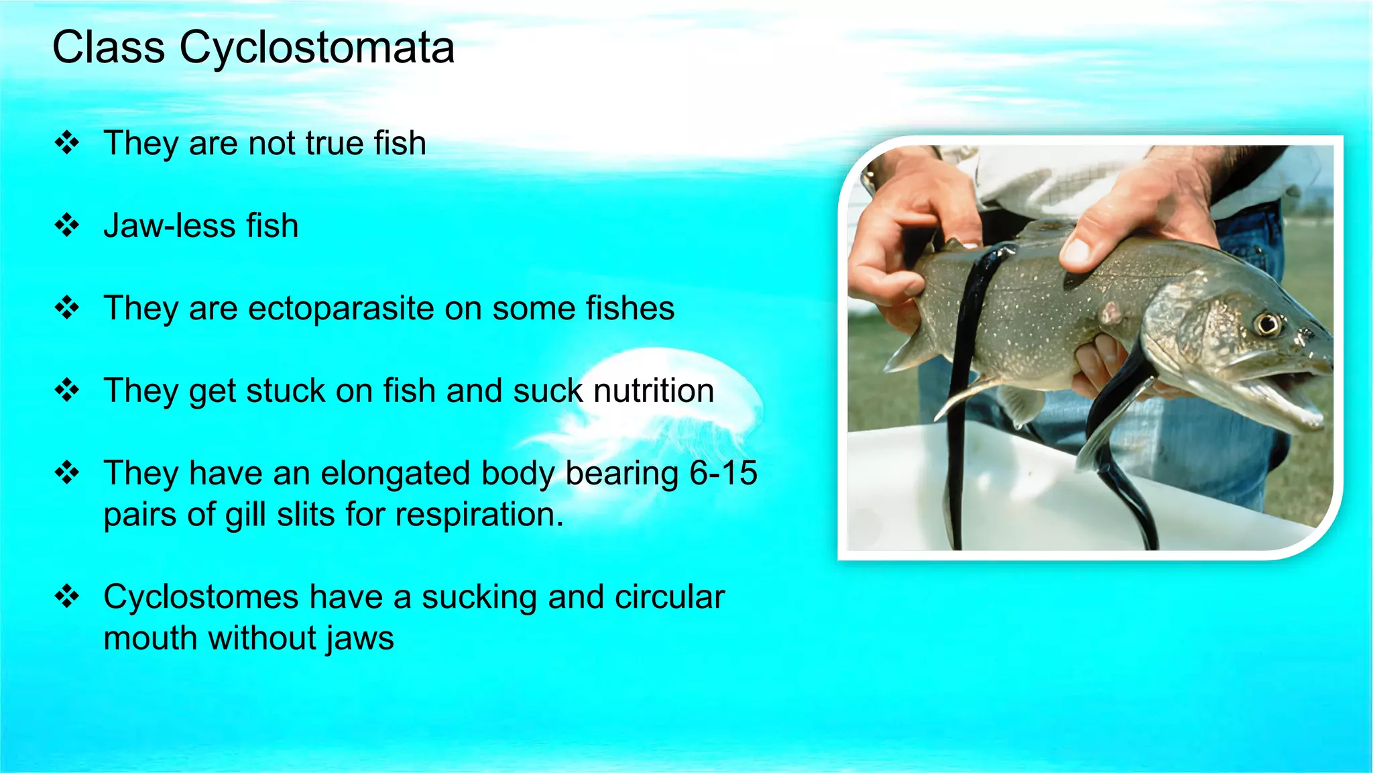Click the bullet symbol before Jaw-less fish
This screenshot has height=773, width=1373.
(67, 225)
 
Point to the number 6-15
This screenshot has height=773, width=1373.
(723, 473)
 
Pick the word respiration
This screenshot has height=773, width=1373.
(479, 515)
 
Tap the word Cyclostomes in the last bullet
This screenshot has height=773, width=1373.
(201, 597)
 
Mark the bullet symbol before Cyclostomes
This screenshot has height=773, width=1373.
(67, 596)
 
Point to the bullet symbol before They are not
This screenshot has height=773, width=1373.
(67, 143)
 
